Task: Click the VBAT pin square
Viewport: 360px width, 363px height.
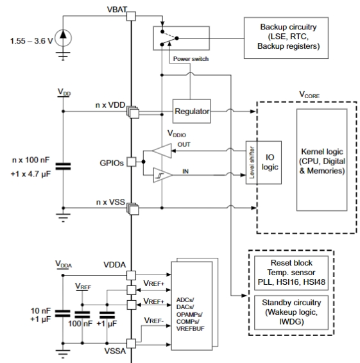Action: pyautogui.click(x=131, y=16)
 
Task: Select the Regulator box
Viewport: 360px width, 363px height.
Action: pyautogui.click(x=192, y=112)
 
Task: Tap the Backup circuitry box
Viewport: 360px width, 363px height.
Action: pyautogui.click(x=286, y=38)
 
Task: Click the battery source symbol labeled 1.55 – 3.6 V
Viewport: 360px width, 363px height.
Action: pyautogui.click(x=63, y=38)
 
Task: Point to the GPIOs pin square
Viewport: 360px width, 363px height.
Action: pyautogui.click(x=132, y=162)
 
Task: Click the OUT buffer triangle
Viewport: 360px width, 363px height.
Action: pyautogui.click(x=162, y=151)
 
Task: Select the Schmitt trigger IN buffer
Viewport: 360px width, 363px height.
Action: pyautogui.click(x=163, y=175)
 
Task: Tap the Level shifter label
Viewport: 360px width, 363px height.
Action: pyautogui.click(x=252, y=162)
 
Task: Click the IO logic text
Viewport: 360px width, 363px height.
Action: pyautogui.click(x=270, y=162)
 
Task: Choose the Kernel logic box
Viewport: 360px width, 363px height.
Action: pyautogui.click(x=321, y=160)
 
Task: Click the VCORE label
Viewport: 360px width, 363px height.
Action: pyautogui.click(x=309, y=94)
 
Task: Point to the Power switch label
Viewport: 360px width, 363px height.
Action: pyautogui.click(x=191, y=59)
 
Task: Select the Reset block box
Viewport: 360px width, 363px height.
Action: pyautogui.click(x=291, y=273)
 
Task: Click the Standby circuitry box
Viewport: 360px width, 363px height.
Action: pyautogui.click(x=291, y=312)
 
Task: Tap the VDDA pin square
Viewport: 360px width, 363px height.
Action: pyautogui.click(x=132, y=276)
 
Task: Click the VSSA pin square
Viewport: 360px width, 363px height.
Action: pyautogui.click(x=132, y=344)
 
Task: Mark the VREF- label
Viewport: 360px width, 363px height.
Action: pyautogui.click(x=154, y=321)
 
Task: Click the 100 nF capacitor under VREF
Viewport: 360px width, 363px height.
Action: pyautogui.click(x=82, y=315)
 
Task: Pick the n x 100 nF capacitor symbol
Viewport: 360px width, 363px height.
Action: pyautogui.click(x=63, y=166)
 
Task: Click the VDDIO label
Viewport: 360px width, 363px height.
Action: pyautogui.click(x=176, y=133)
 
